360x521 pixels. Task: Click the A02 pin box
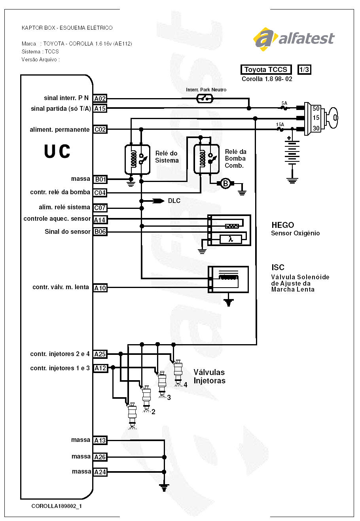pyautogui.click(x=100, y=99)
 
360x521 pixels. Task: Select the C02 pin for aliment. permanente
pyautogui.click(x=100, y=129)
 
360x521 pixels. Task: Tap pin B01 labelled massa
pyautogui.click(x=100, y=179)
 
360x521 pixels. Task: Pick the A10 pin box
pyautogui.click(x=100, y=288)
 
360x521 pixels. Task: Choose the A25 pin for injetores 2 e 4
pyautogui.click(x=100, y=354)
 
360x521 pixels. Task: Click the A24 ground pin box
pyautogui.click(x=100, y=472)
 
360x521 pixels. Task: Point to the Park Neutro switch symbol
pyautogui.click(x=205, y=99)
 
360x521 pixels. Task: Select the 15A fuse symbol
pyautogui.click(x=280, y=129)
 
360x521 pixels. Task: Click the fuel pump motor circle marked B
pyautogui.click(x=225, y=183)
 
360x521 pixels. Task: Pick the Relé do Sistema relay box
pyautogui.click(x=137, y=159)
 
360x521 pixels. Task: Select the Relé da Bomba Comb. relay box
pyautogui.click(x=207, y=158)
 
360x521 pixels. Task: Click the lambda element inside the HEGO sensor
pyautogui.click(x=231, y=239)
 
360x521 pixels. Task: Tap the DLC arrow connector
pyautogui.click(x=159, y=201)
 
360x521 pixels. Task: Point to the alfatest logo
pyautogui.click(x=294, y=38)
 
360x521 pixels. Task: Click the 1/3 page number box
pyautogui.click(x=304, y=70)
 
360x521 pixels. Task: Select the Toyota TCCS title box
pyautogui.click(x=266, y=70)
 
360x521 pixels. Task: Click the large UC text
pyautogui.click(x=57, y=152)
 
